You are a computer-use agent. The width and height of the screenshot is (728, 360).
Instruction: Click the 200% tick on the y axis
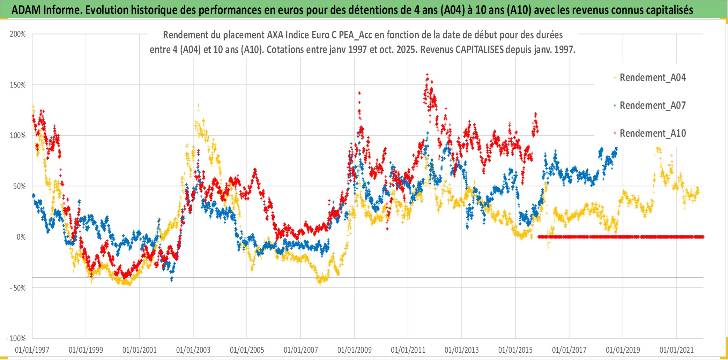coord(18,34)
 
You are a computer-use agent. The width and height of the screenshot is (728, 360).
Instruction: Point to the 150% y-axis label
coord(18,85)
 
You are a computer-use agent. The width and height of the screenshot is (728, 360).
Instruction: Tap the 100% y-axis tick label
coord(18,136)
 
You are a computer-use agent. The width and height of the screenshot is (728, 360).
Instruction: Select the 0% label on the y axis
coord(21,237)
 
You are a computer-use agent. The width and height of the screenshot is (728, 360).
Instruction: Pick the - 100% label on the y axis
coord(16,339)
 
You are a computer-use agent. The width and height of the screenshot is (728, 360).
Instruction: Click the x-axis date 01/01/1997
coord(32,350)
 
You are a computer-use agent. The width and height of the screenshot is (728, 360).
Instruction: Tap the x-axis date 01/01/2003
coord(193,350)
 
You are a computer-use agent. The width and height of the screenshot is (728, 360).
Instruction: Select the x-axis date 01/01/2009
coord(355,350)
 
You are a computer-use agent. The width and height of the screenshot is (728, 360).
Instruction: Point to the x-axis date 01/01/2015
coord(515,350)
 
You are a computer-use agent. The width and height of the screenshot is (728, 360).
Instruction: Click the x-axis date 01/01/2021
coord(677,350)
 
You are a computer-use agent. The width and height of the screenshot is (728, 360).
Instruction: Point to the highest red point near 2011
coord(427,74)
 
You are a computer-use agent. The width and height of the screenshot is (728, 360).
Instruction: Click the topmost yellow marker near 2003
coord(198,105)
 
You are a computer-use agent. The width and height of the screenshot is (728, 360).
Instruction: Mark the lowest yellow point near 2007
coord(320,285)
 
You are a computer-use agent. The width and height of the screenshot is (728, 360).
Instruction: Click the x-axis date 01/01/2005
coord(247,350)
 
